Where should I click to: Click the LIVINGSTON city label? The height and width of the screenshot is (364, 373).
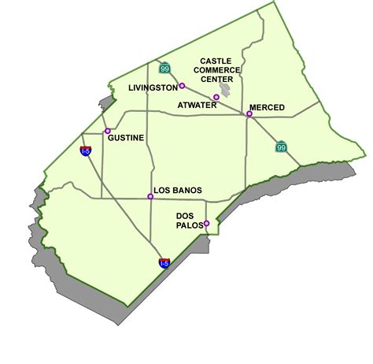(x=153, y=89)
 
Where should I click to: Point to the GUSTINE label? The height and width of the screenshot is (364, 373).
(x=127, y=138)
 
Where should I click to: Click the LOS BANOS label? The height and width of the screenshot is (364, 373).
(x=178, y=190)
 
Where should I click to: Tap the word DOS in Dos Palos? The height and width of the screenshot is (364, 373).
(x=185, y=214)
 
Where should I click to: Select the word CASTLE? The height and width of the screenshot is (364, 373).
(x=216, y=61)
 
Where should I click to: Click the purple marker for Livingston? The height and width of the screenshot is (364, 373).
(x=182, y=86)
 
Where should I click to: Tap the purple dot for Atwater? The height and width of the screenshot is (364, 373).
(x=216, y=98)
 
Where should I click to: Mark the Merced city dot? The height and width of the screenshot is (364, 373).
(x=249, y=115)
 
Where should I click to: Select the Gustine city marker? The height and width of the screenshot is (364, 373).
(x=108, y=132)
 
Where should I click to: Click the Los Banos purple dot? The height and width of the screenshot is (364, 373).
(x=150, y=197)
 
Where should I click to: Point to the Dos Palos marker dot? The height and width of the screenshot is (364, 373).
(x=206, y=224)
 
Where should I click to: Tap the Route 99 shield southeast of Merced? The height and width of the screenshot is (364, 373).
(x=282, y=147)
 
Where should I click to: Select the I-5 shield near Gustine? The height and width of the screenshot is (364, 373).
(x=85, y=150)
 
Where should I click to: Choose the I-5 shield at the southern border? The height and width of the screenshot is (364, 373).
(x=164, y=263)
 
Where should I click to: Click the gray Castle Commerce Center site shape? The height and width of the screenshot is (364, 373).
(x=225, y=91)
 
